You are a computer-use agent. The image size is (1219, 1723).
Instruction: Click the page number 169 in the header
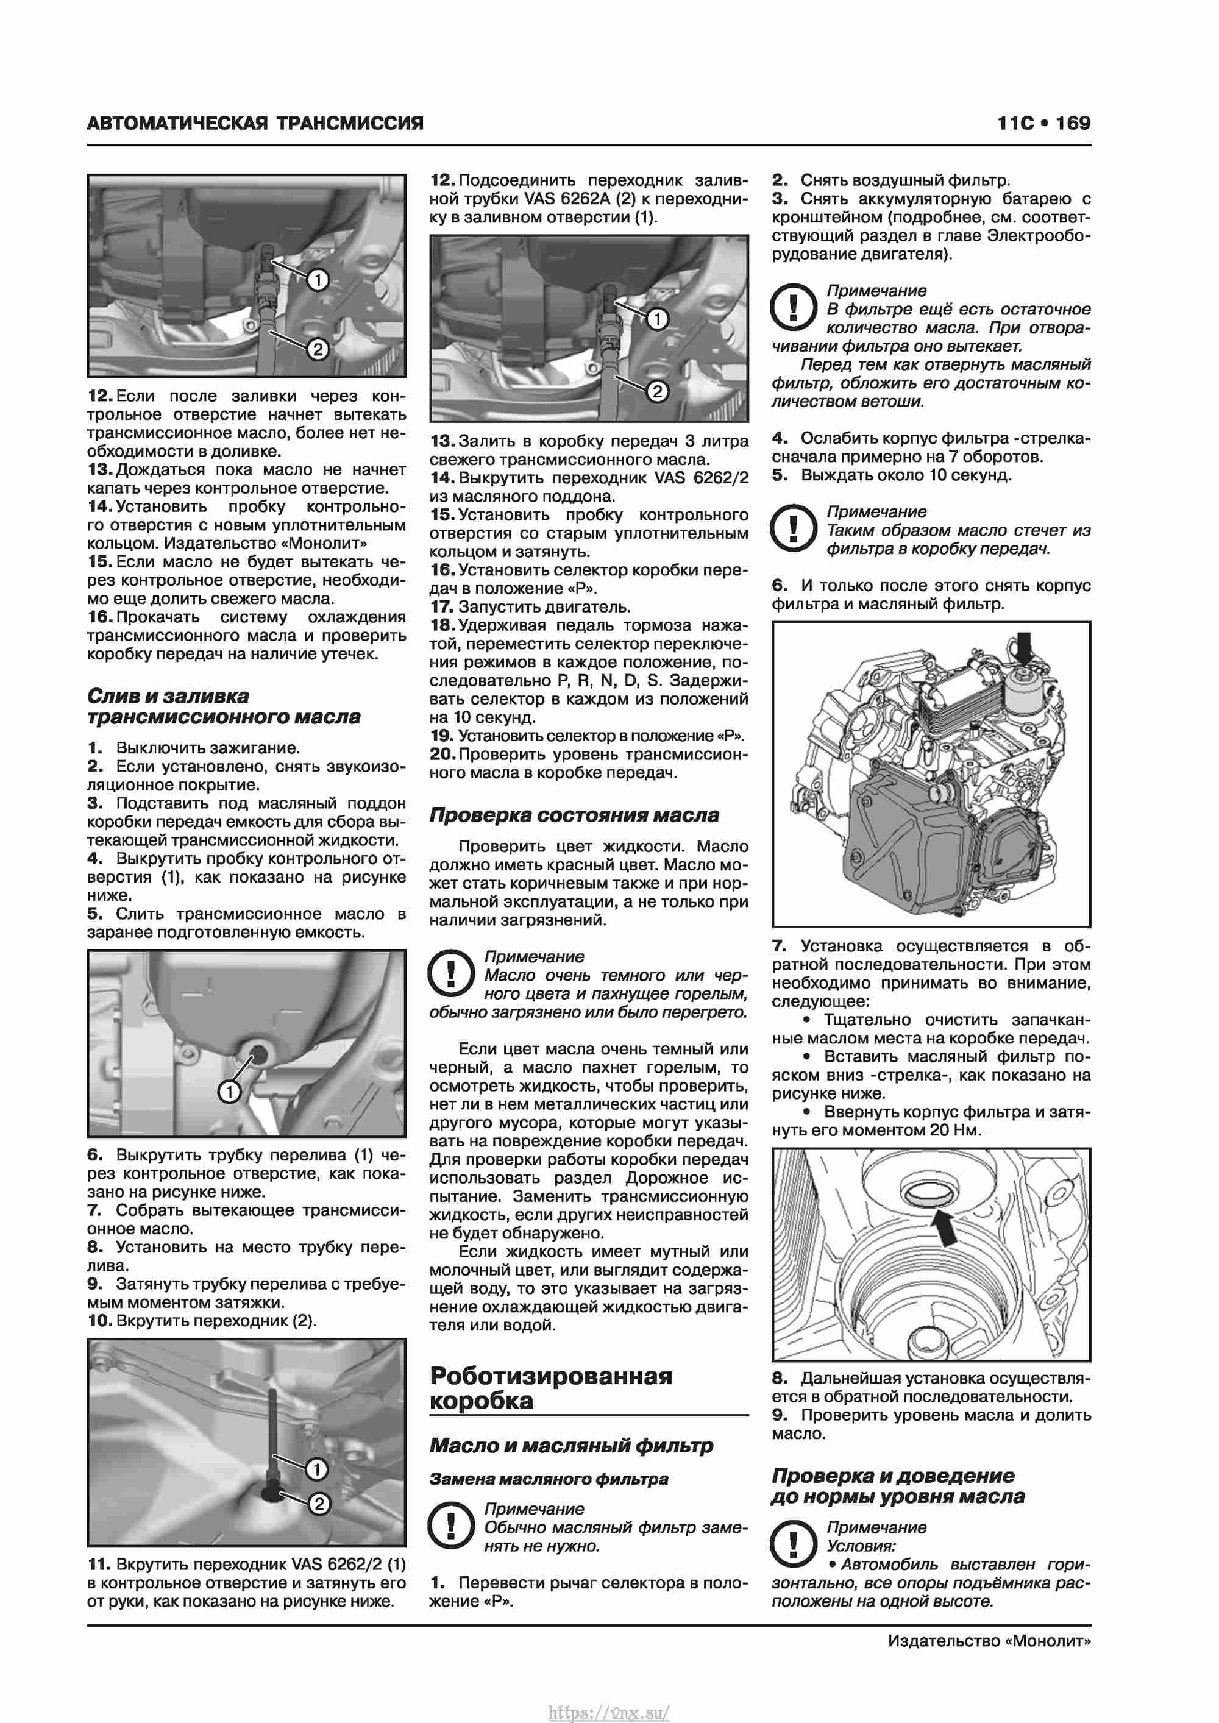[1073, 123]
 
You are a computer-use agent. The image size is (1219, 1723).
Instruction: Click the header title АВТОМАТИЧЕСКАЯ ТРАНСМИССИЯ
[255, 123]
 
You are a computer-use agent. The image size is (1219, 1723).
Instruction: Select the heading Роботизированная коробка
[551, 1388]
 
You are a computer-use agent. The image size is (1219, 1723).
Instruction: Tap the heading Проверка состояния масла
[574, 815]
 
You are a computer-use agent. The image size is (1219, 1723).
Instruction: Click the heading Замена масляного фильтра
[549, 1479]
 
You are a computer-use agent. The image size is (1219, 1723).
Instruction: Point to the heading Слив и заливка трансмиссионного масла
[223, 706]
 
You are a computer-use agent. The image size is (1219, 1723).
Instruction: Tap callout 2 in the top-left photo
[318, 349]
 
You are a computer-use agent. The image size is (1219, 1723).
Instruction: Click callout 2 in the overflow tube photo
[318, 1504]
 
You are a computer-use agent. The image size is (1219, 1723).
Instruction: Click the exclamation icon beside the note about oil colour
[450, 973]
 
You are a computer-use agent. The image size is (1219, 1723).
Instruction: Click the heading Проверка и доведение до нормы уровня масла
[897, 1486]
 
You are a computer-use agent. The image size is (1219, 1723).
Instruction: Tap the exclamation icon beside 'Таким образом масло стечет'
[794, 528]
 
